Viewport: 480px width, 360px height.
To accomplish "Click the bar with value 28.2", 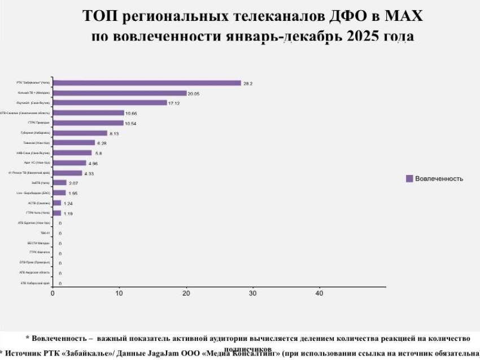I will [x=147, y=83].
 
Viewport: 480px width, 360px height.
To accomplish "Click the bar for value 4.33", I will [x=67, y=173].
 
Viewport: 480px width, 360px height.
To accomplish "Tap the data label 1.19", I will [x=68, y=214].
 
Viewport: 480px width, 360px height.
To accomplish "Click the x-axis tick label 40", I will [x=320, y=293].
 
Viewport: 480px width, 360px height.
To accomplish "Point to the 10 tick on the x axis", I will [x=119, y=293].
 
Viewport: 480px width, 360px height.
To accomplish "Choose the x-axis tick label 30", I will [x=253, y=293].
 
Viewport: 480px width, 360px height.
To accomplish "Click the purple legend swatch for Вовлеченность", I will [x=409, y=178].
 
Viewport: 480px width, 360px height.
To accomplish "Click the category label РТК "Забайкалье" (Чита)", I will [x=33, y=83].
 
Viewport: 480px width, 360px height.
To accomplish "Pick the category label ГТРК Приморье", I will [x=39, y=123].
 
